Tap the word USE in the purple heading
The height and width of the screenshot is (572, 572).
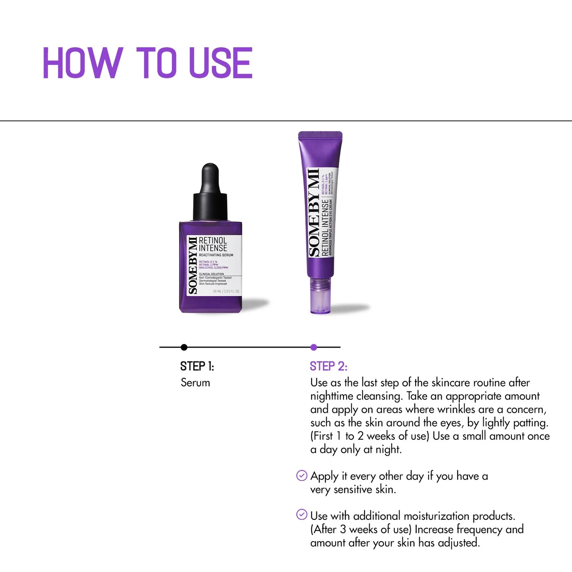point(220,63)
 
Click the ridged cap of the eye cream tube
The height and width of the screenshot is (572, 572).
point(320,136)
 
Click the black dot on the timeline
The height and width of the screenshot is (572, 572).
point(184,347)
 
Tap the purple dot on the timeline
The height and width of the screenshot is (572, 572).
point(314,347)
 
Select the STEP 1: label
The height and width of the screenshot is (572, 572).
point(197,367)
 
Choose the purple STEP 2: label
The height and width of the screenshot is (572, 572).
point(329,367)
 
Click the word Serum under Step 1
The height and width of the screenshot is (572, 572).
point(196,382)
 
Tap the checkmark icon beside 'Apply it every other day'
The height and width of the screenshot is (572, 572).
point(302,475)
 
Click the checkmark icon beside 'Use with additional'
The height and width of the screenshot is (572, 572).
point(302,515)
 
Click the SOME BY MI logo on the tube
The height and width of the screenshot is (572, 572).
point(314,213)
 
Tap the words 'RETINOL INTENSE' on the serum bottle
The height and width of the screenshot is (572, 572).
point(213,244)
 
